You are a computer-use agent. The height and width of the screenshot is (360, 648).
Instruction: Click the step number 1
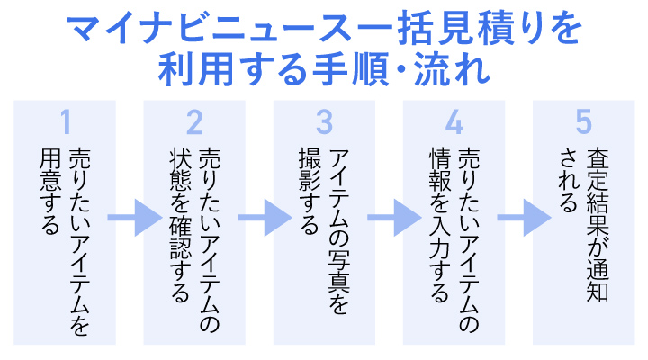(x=65, y=122)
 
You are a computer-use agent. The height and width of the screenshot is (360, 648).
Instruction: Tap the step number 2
(x=195, y=122)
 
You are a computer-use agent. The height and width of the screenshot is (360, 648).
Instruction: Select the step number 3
(x=325, y=122)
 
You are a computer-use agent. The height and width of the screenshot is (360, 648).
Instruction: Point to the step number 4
(x=454, y=122)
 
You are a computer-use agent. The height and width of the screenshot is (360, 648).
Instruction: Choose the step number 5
(x=584, y=122)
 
